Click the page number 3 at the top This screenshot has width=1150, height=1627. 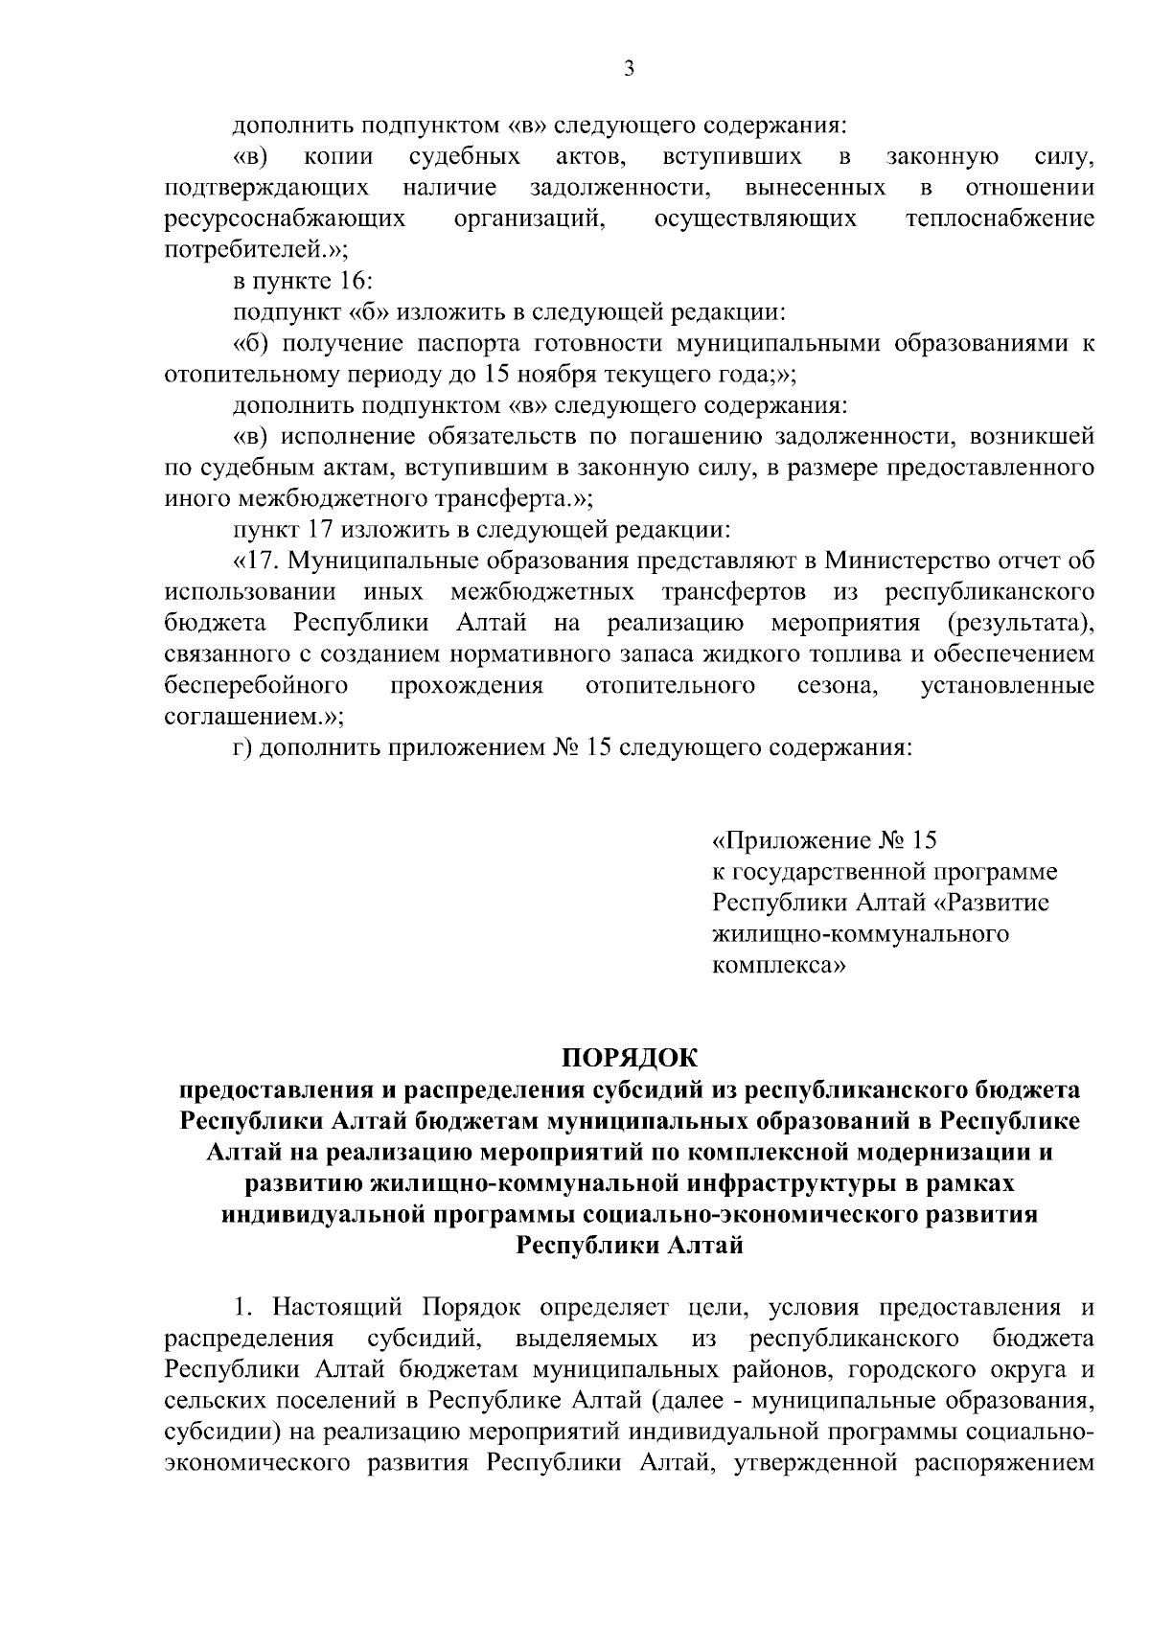click(x=629, y=69)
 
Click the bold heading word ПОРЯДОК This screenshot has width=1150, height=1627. click(x=630, y=1059)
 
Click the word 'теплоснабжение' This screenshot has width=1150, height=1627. click(x=1000, y=219)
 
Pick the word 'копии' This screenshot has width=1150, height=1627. click(x=338, y=156)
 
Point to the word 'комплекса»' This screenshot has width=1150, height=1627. click(x=778, y=967)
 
